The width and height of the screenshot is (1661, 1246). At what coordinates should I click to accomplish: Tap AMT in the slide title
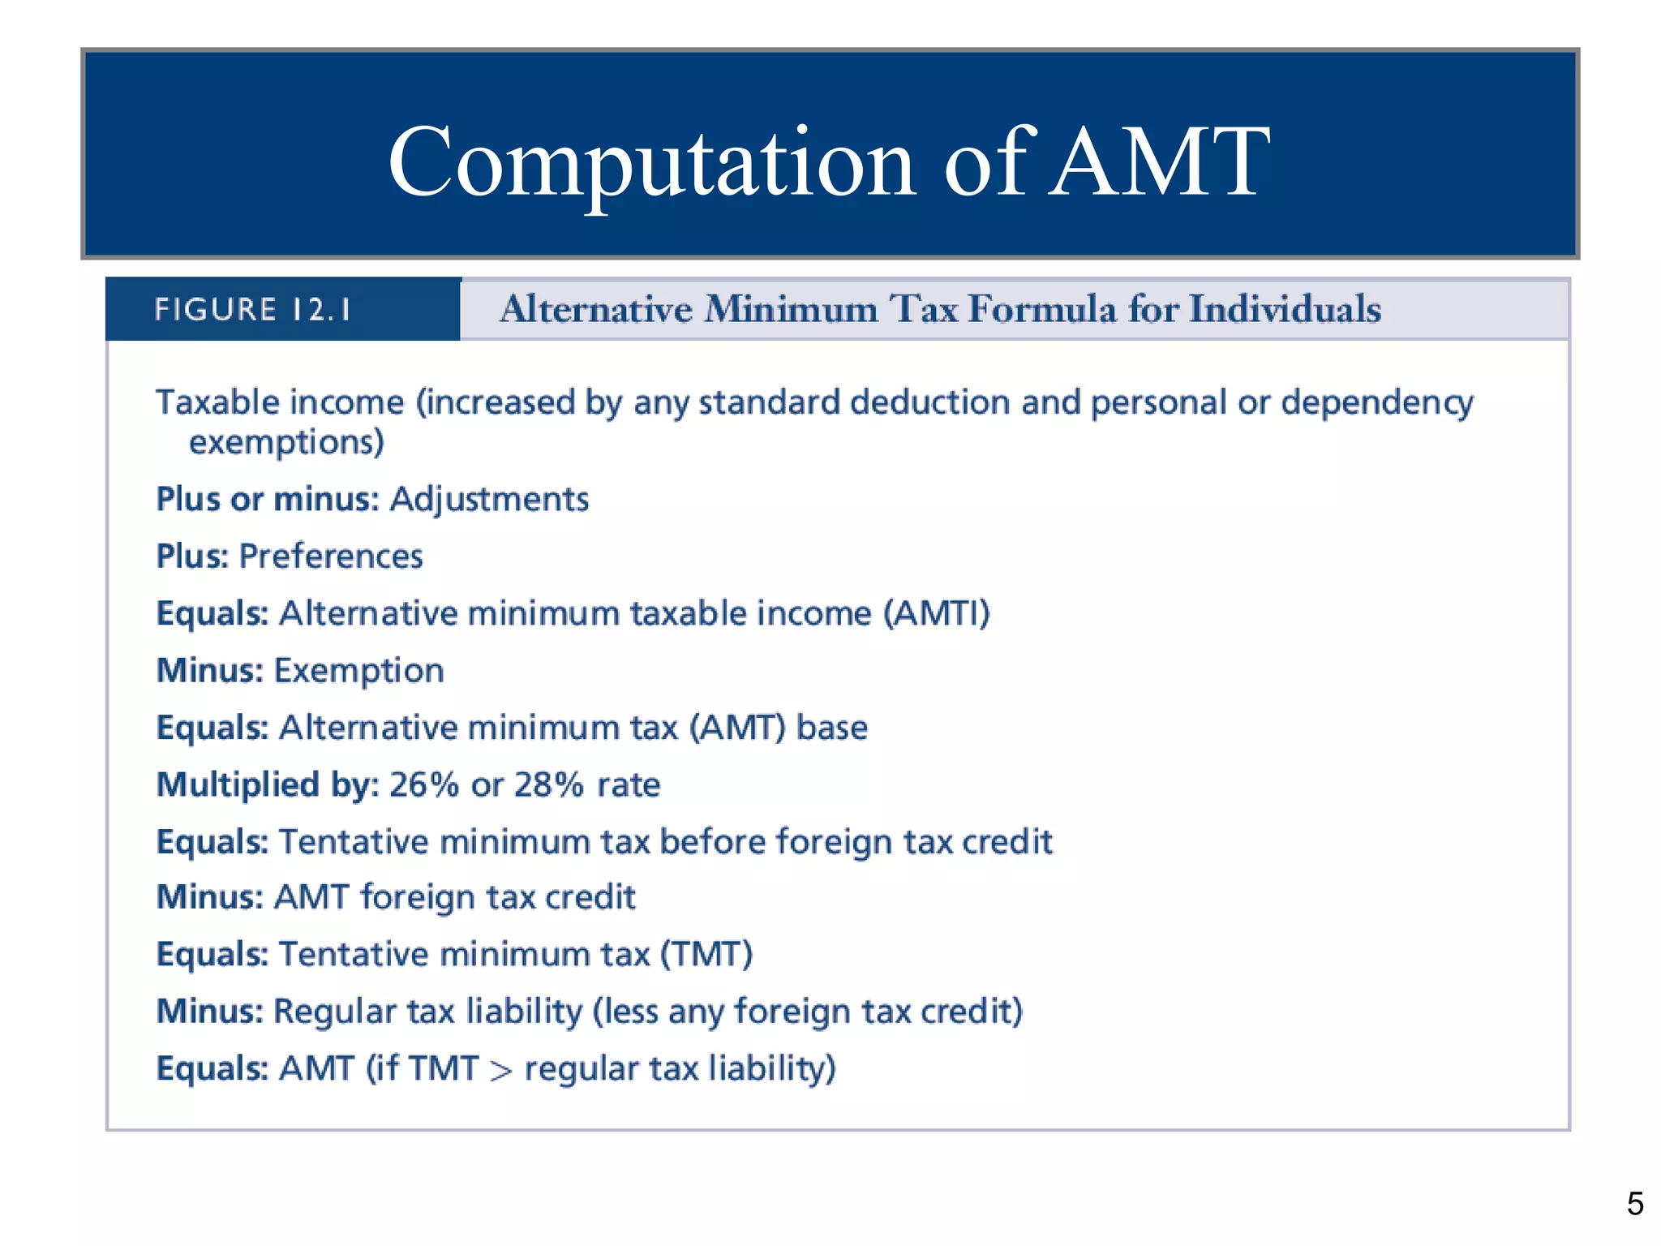(1159, 162)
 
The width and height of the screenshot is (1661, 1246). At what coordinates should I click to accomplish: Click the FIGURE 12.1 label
(253, 310)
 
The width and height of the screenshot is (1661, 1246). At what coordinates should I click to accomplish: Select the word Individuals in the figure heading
(1285, 310)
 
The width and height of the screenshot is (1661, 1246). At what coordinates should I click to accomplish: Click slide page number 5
(1635, 1203)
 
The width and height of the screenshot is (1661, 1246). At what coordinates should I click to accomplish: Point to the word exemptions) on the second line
(286, 443)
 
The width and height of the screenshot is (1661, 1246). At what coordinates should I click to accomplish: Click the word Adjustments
(489, 500)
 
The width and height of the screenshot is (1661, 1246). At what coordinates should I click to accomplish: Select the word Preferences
(331, 556)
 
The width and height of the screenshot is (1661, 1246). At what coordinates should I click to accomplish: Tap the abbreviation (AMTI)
(937, 614)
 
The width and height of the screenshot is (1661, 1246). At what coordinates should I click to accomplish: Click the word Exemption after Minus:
(359, 671)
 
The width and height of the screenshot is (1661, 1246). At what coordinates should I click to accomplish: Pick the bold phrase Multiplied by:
(268, 785)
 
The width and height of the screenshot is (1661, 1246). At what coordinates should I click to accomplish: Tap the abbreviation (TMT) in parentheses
(706, 955)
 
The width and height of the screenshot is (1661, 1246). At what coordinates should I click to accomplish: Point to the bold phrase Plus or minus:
(268, 500)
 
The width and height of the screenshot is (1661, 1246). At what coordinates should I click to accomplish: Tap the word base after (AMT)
(832, 728)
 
